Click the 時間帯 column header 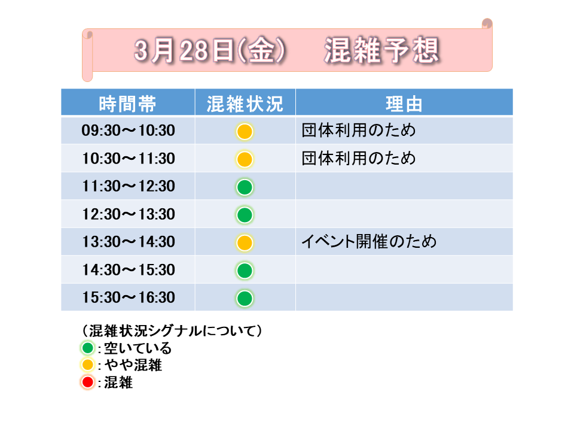coord(128,104)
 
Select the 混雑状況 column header coord(245,104)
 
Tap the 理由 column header coord(404,104)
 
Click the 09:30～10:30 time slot coord(128,130)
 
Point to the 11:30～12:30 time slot coord(128,186)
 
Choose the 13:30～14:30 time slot coord(128,242)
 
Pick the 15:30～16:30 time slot coord(128,298)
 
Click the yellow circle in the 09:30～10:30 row coord(245,132)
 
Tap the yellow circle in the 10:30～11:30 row coord(245,159)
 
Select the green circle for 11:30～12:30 coord(245,187)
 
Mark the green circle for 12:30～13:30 coord(245,215)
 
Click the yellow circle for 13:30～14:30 coord(245,242)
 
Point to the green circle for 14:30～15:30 coord(245,271)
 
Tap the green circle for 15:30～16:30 coord(245,298)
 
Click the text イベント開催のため coord(369,241)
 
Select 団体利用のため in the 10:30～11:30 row coord(359,158)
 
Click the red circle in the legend coord(87,383)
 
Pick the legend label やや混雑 coord(133,365)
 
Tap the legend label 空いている coord(138,348)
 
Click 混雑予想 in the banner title coord(382,50)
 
